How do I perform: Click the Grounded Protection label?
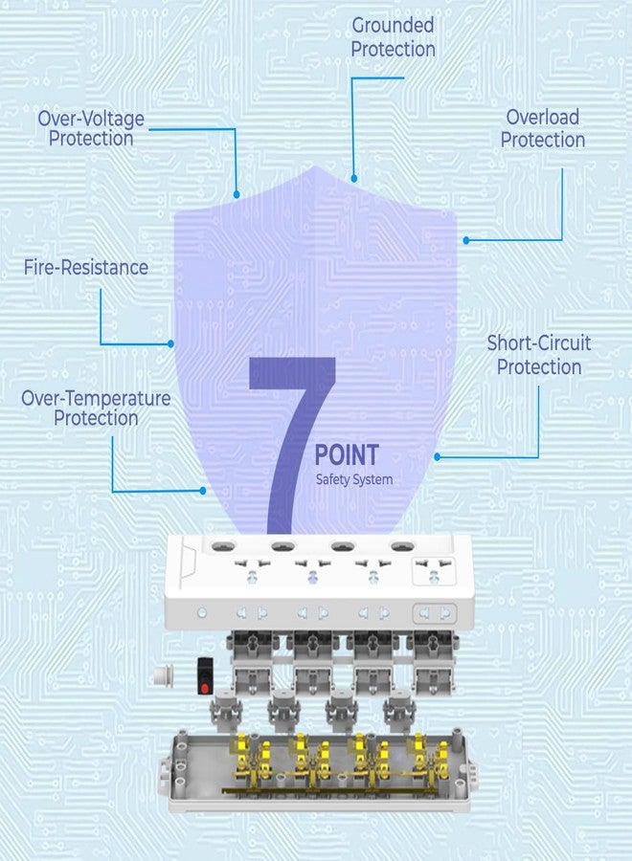click(393, 36)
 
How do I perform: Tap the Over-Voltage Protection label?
click(91, 128)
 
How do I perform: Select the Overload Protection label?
click(542, 128)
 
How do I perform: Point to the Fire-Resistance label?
click(86, 268)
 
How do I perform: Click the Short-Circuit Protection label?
click(539, 355)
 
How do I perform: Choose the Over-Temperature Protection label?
click(96, 408)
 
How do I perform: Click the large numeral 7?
click(292, 445)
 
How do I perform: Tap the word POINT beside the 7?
click(347, 455)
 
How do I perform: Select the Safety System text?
click(354, 479)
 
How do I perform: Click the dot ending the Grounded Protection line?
click(354, 179)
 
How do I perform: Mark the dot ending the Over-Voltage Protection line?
click(237, 194)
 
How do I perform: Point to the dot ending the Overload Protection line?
click(466, 240)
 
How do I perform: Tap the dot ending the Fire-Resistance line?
click(170, 343)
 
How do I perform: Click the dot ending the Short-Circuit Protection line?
click(437, 457)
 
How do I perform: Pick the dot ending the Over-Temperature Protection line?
click(203, 491)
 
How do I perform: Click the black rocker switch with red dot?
click(205, 676)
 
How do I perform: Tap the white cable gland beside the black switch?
click(164, 674)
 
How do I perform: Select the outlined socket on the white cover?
click(434, 571)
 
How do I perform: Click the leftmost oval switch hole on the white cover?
click(223, 546)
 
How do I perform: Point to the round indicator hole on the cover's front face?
click(202, 612)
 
